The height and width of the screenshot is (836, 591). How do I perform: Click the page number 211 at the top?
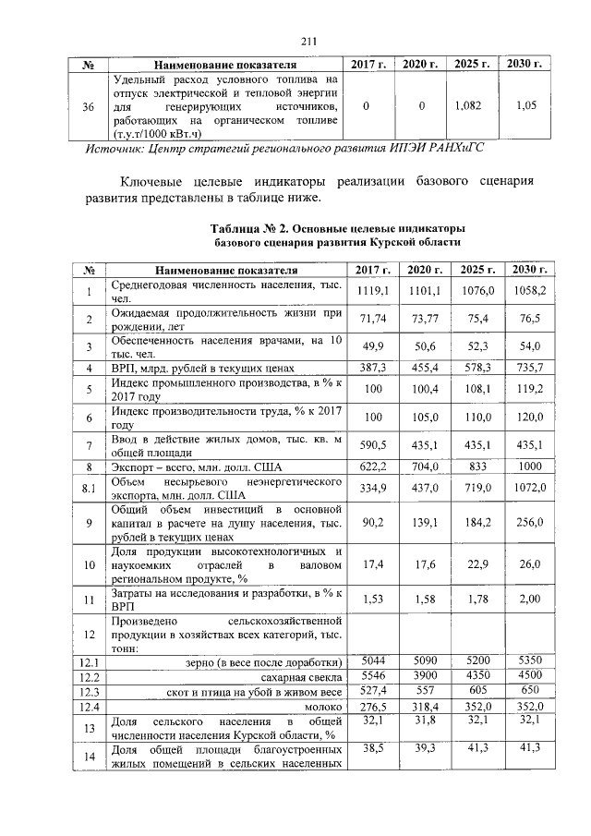click(x=308, y=39)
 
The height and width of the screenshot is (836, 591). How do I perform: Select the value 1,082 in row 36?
click(x=469, y=106)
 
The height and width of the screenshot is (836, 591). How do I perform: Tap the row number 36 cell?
click(x=89, y=107)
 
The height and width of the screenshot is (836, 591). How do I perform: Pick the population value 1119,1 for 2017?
click(x=372, y=290)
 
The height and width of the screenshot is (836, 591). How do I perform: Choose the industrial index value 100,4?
click(x=425, y=390)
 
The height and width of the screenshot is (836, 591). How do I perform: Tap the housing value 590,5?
click(x=372, y=445)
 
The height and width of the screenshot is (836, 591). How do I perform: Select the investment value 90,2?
click(x=372, y=523)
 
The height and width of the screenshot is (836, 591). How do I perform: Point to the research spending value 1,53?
click(x=372, y=600)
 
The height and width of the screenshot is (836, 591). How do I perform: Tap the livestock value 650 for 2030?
click(x=528, y=691)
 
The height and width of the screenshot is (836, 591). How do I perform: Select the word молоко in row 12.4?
click(x=322, y=707)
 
